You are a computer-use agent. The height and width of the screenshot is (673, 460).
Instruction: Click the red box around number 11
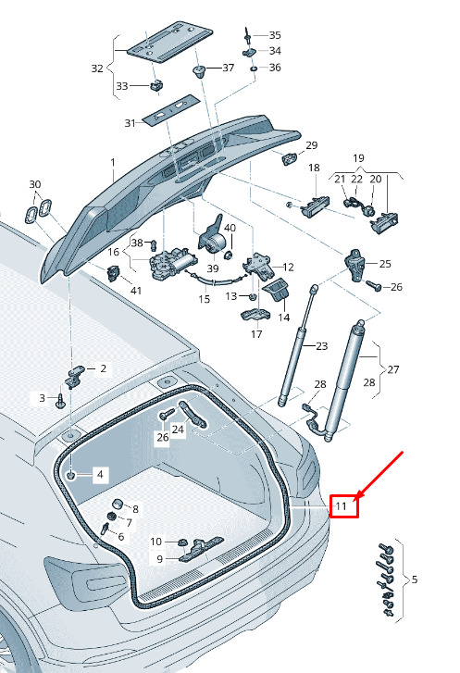343,506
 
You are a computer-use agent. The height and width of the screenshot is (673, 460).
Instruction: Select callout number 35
275,35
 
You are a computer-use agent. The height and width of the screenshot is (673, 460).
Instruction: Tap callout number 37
229,68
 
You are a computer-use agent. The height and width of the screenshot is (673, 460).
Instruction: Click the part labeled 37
200,71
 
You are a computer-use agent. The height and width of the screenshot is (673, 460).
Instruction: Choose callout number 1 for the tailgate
113,163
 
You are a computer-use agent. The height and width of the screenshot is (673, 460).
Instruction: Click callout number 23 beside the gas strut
321,346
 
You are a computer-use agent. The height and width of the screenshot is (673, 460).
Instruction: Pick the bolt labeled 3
60,402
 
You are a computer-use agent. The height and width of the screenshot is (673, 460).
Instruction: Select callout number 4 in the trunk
100,474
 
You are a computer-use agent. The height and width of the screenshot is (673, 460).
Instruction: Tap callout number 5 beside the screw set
414,580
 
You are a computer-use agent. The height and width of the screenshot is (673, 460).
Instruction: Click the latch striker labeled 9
201,549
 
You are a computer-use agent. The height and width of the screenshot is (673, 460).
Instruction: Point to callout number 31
130,123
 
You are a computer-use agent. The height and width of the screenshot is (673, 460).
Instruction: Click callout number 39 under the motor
213,268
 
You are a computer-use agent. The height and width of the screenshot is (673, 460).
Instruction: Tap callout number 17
256,334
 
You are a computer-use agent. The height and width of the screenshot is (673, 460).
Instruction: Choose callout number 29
312,145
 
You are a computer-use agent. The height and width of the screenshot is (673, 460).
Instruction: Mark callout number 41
136,291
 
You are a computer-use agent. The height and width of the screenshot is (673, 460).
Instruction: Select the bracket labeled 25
355,265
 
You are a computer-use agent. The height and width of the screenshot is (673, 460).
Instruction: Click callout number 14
284,318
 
